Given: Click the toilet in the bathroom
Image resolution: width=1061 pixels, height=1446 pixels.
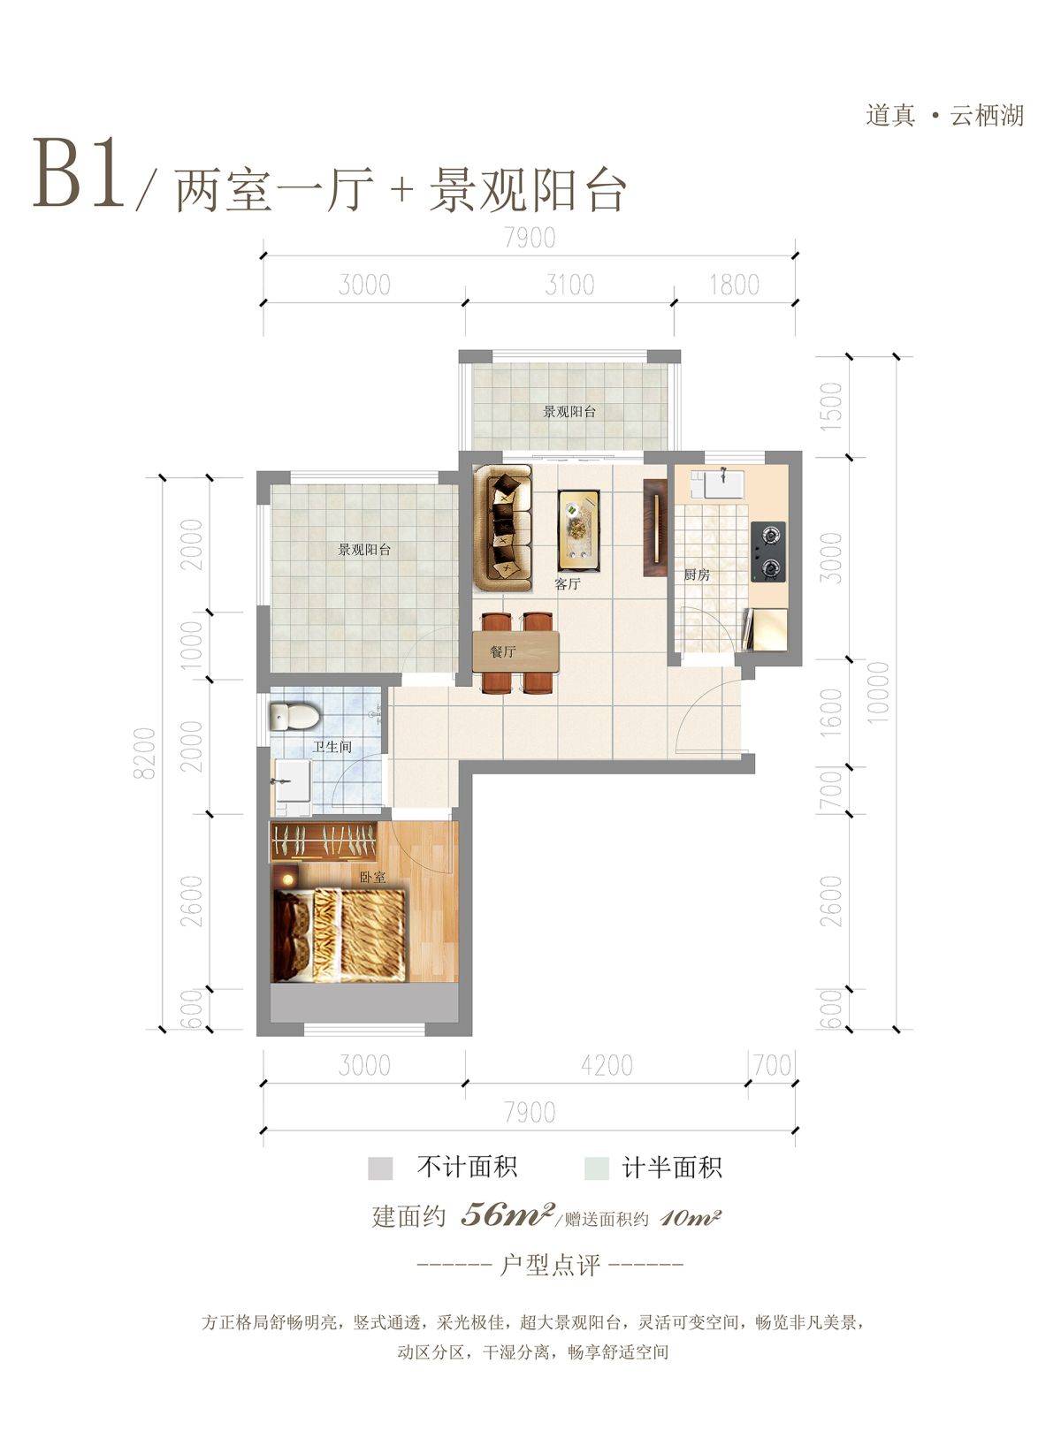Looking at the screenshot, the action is tap(294, 717).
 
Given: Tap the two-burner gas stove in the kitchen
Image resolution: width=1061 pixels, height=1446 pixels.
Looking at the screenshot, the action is tap(767, 552).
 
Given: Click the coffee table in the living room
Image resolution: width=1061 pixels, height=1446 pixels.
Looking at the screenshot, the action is tap(578, 530).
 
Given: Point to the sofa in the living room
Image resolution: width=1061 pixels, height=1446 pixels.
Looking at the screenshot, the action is tap(502, 529).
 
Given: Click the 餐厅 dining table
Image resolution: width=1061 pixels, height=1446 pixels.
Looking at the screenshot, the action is tap(516, 651).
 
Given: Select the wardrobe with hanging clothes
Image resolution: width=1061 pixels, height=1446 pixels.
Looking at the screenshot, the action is tap(324, 841).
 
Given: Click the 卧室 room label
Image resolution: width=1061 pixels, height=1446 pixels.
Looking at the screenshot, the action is tap(372, 878).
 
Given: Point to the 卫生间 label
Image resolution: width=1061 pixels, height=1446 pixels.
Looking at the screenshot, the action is tap(332, 747).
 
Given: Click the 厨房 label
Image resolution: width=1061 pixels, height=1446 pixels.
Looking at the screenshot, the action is tap(697, 575).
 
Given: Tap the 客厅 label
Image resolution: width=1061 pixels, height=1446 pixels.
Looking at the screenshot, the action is tap(568, 584).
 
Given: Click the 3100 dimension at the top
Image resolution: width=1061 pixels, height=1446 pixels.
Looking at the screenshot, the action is tap(569, 285).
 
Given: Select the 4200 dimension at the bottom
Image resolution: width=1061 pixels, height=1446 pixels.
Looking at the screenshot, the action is tap(607, 1066).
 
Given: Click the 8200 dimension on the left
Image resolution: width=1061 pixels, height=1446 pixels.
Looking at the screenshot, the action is tap(145, 753).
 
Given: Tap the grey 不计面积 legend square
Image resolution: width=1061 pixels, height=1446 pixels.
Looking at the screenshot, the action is tap(380, 1168).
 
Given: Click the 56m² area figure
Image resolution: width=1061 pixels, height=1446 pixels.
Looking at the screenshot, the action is tap(508, 1215).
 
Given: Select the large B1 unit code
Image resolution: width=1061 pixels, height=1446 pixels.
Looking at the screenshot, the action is tap(78, 173).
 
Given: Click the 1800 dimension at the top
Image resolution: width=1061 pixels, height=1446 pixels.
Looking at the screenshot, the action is tap(734, 285).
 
